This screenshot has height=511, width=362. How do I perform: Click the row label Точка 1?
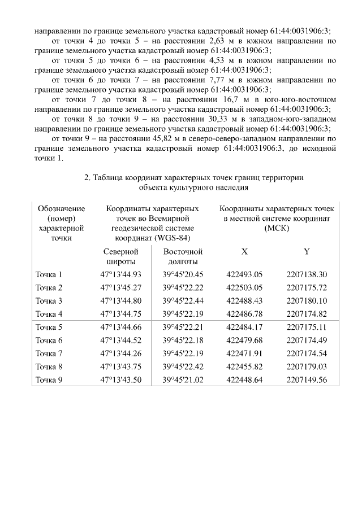click(49, 275)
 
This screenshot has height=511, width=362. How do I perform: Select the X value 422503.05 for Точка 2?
click(244, 288)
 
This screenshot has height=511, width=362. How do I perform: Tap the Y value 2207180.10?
click(307, 301)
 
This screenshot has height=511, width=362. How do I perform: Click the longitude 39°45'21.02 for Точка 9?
click(182, 380)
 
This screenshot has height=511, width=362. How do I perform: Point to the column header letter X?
click(244, 251)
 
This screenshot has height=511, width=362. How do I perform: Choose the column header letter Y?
click(307, 251)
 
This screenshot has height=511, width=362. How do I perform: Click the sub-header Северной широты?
click(120, 256)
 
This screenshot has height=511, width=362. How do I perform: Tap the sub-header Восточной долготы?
click(182, 256)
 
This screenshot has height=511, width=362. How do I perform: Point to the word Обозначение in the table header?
click(61, 209)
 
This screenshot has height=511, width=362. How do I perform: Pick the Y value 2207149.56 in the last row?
click(307, 380)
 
